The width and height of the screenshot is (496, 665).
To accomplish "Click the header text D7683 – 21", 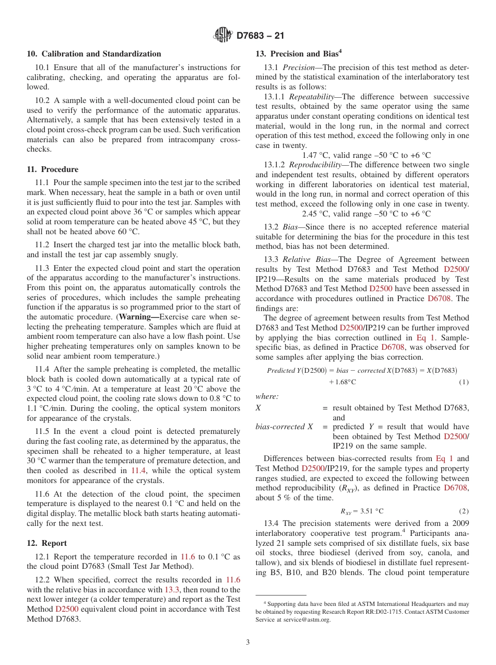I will tap(261, 36).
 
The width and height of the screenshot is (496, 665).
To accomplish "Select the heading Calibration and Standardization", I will tap(101, 54).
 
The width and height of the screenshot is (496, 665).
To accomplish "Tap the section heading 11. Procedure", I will tap(52, 169).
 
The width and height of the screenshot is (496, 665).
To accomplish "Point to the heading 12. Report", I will tap(46, 543).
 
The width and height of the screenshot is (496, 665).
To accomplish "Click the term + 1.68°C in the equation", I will tap(342, 382).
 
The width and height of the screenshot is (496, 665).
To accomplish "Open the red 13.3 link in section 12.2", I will tap(172, 590).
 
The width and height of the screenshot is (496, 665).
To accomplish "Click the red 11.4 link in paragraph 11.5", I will tap(138, 471).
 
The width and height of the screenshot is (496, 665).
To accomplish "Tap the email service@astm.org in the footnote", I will tap(306, 620).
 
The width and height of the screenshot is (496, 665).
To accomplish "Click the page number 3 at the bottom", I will tap(248, 643).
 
